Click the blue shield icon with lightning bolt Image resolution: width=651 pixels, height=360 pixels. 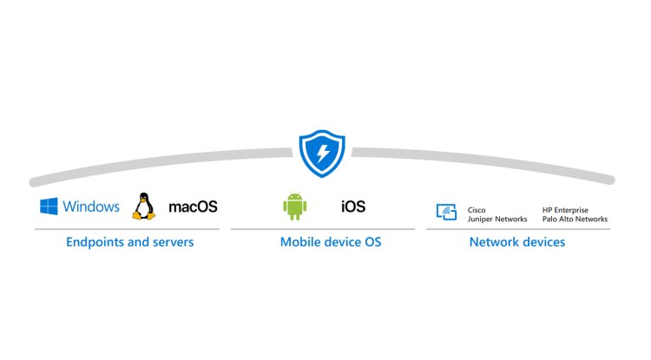322,154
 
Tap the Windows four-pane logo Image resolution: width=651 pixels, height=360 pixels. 49,206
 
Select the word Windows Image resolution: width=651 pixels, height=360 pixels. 91,206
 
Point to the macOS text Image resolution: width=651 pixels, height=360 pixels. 192,206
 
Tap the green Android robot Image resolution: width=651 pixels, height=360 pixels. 295,206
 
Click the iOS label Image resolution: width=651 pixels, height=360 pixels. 353,206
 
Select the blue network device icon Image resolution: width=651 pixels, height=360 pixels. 446,211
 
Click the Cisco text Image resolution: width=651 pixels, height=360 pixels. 477,209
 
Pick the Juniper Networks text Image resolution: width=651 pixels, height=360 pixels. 497,219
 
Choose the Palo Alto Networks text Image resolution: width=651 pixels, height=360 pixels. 575,219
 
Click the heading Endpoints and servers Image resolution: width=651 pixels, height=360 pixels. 129,242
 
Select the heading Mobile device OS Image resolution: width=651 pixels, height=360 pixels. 330,242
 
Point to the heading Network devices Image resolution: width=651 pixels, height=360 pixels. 516,242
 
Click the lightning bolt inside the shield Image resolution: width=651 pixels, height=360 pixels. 322,154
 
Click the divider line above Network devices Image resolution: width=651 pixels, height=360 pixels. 517,229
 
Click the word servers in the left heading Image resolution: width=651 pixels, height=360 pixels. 170,242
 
